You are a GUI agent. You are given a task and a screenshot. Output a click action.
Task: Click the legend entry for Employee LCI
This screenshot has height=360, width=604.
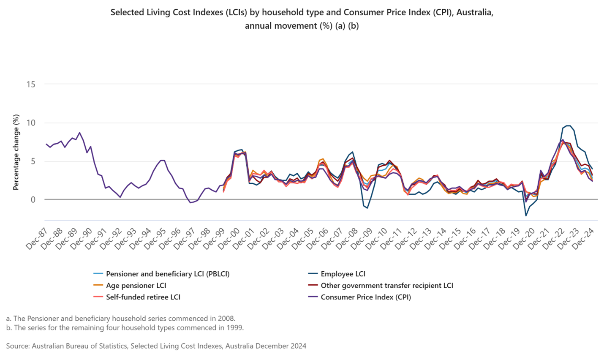(343, 274)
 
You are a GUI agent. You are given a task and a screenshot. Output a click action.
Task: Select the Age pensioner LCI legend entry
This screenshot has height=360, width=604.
(136, 286)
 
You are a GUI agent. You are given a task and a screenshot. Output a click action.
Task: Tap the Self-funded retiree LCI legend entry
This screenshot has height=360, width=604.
(143, 297)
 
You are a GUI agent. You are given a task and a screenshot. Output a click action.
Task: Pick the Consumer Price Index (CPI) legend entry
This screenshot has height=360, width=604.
(365, 297)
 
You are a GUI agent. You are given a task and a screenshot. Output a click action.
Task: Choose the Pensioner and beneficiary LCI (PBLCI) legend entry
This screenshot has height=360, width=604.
(167, 274)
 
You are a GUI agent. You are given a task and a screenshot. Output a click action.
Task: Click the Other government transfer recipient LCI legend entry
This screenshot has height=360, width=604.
(386, 286)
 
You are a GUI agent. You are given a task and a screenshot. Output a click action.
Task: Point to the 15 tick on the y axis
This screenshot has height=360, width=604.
(30, 84)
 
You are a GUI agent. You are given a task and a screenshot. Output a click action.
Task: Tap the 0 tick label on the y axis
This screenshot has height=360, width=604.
(33, 200)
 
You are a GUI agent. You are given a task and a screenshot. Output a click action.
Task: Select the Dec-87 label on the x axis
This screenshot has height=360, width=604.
(38, 239)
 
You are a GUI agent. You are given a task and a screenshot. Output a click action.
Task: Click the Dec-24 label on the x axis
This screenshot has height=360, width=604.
(584, 239)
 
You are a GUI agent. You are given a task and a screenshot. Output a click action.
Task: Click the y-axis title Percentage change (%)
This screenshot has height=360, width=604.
(16, 152)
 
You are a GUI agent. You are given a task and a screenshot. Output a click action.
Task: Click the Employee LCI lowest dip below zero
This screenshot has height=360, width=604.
(526, 216)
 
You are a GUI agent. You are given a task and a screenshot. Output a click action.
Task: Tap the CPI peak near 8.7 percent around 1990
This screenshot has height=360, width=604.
(79, 132)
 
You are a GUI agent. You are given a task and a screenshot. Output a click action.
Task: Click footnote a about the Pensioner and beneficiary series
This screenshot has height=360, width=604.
(120, 319)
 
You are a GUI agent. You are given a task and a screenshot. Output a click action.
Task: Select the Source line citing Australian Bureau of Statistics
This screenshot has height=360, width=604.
(156, 346)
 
